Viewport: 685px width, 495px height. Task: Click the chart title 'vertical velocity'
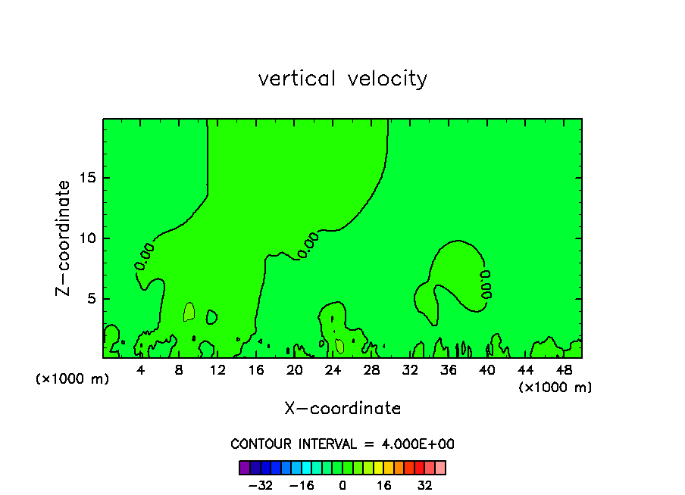click(x=342, y=79)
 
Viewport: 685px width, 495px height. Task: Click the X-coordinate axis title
click(x=342, y=409)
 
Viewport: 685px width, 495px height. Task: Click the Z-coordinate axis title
click(x=64, y=238)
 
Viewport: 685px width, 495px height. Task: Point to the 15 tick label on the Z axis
click(x=86, y=179)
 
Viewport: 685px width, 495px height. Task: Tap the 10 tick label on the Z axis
click(x=86, y=238)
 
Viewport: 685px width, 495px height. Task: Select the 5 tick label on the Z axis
click(x=89, y=298)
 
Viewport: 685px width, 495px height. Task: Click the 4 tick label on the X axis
click(x=141, y=370)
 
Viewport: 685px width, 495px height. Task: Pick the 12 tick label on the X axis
click(x=217, y=370)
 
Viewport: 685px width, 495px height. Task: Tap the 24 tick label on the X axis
click(x=333, y=370)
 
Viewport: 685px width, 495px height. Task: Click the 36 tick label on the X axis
click(x=448, y=370)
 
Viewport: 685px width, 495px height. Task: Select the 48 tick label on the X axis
click(x=562, y=370)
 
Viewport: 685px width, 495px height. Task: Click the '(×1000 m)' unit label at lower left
click(x=73, y=379)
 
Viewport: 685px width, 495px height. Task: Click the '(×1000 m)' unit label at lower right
click(x=555, y=388)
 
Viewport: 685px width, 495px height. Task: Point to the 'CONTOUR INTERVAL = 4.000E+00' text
click(x=342, y=444)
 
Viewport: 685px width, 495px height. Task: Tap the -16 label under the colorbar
click(x=302, y=484)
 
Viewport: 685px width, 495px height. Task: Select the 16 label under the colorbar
click(x=384, y=484)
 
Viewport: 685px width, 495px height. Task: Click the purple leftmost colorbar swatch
click(x=245, y=467)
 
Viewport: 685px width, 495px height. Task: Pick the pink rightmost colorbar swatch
click(x=440, y=467)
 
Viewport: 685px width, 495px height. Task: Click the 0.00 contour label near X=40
click(x=486, y=284)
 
